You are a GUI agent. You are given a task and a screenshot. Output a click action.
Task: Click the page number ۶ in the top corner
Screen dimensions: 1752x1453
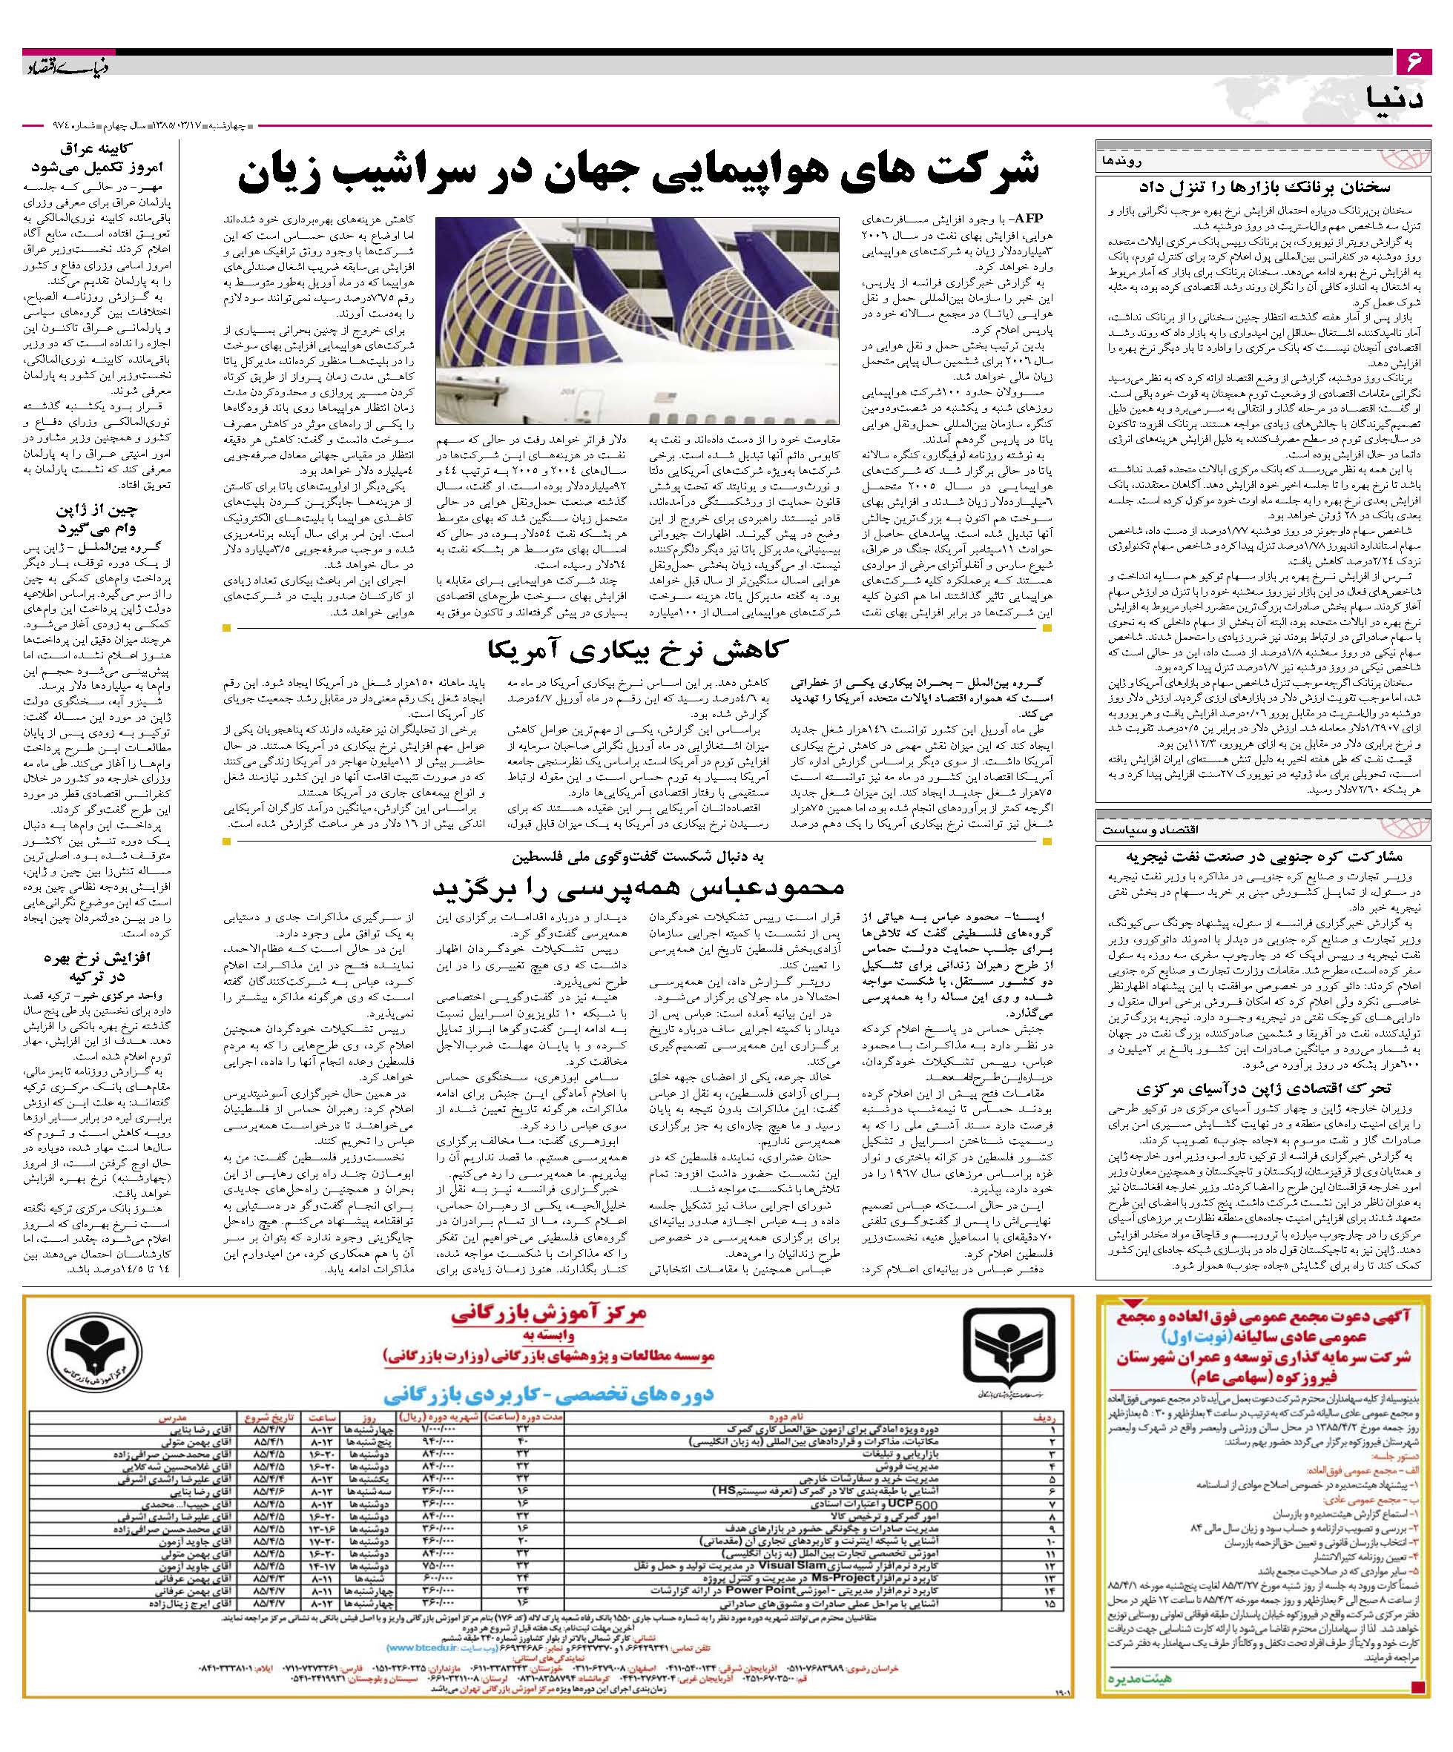click(x=1414, y=62)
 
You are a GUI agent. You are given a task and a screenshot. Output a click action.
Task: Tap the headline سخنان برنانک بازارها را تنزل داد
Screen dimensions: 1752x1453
click(x=1262, y=188)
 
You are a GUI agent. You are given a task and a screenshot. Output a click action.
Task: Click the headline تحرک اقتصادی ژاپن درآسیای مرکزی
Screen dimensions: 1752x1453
click(x=1262, y=1088)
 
